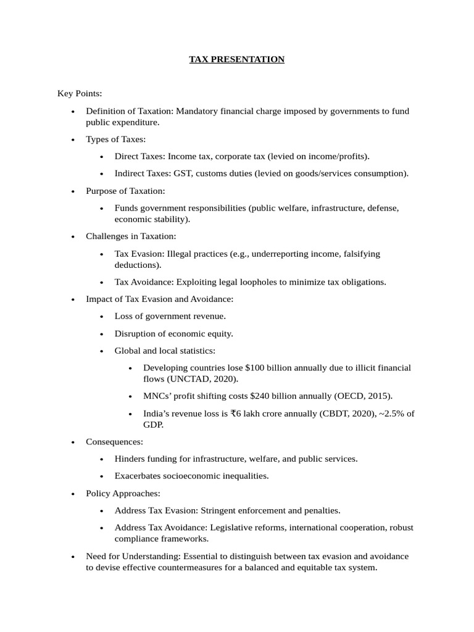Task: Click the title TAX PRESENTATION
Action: coord(237,59)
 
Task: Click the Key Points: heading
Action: coord(80,93)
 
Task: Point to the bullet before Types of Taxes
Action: coord(73,140)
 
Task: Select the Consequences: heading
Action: coord(114,442)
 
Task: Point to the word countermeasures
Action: coord(161,567)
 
